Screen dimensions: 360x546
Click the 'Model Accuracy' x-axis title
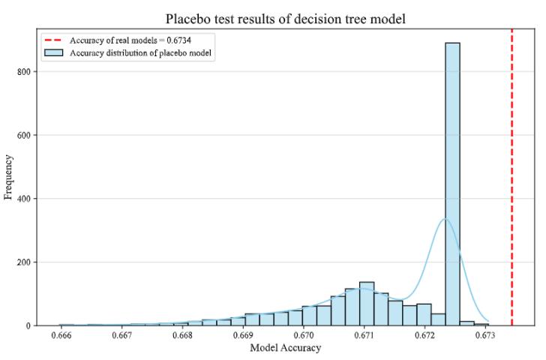pos(286,348)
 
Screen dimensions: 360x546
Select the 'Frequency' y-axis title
pos(9,177)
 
